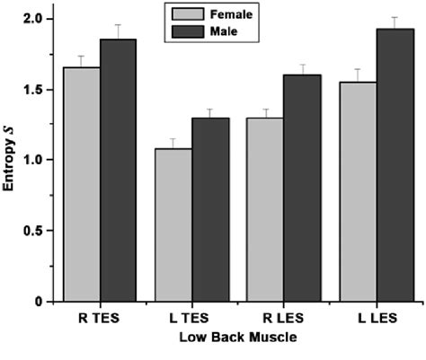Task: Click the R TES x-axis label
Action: click(100, 318)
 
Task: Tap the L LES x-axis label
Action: click(374, 318)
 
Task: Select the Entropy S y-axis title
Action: click(11, 161)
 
